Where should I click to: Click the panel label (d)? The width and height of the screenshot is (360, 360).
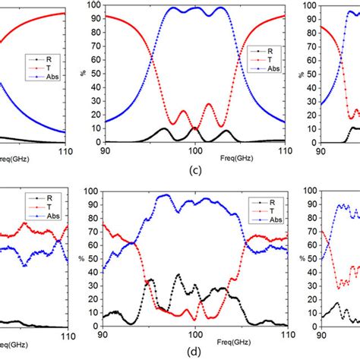pos(195,351)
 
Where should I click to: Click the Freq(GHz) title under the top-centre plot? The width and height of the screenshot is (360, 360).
pos(195,160)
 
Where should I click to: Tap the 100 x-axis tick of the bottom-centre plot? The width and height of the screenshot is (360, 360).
pos(195,333)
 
